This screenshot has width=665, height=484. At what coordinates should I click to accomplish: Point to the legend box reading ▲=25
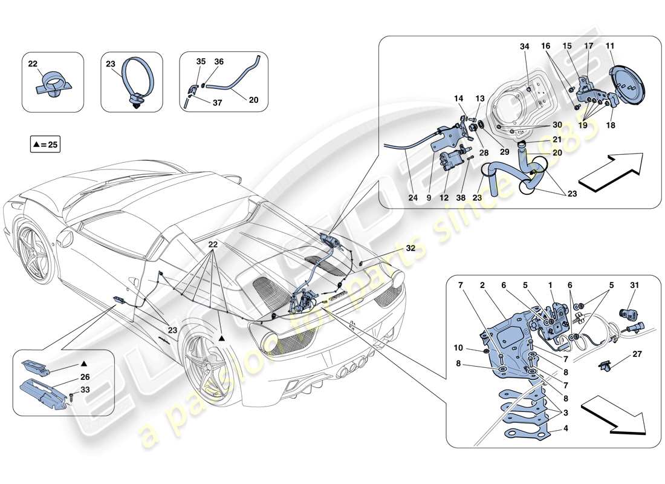tap(45, 145)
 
